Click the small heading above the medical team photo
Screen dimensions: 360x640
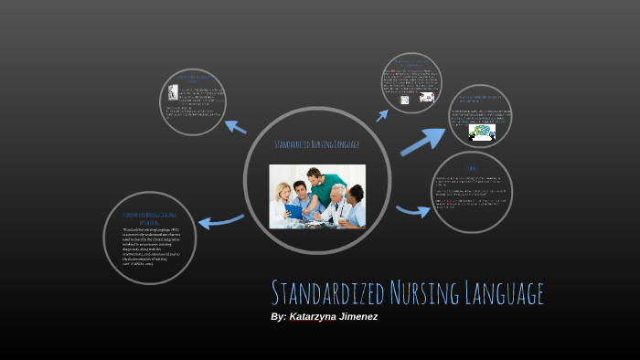pos(316,144)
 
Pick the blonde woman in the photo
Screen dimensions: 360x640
pos(283,200)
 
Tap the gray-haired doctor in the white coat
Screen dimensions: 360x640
pos(336,205)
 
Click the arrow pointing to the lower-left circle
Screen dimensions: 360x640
pos(220,220)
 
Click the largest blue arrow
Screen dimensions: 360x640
pos(423,141)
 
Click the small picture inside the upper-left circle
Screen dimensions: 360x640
pos(173,93)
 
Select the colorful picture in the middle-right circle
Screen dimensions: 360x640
pos(481,132)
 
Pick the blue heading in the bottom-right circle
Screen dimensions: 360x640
pos(471,169)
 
